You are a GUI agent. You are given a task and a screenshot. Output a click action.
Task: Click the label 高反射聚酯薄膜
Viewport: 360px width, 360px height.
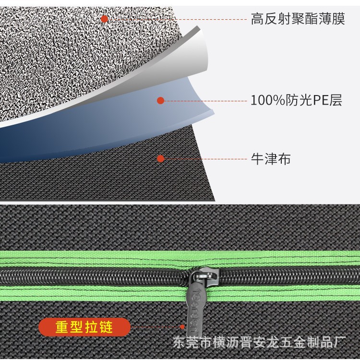click(x=298, y=20)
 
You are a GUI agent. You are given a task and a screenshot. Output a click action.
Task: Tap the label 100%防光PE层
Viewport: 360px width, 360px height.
click(x=296, y=101)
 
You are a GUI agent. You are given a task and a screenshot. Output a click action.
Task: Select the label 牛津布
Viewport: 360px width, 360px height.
click(x=271, y=159)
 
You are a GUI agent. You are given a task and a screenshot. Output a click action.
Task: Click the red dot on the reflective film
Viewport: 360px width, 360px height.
click(x=104, y=19)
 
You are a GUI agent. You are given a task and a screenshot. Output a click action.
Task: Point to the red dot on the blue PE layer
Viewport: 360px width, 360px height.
click(x=161, y=100)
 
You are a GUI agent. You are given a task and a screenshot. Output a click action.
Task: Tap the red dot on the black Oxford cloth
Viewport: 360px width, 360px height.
click(x=161, y=158)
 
